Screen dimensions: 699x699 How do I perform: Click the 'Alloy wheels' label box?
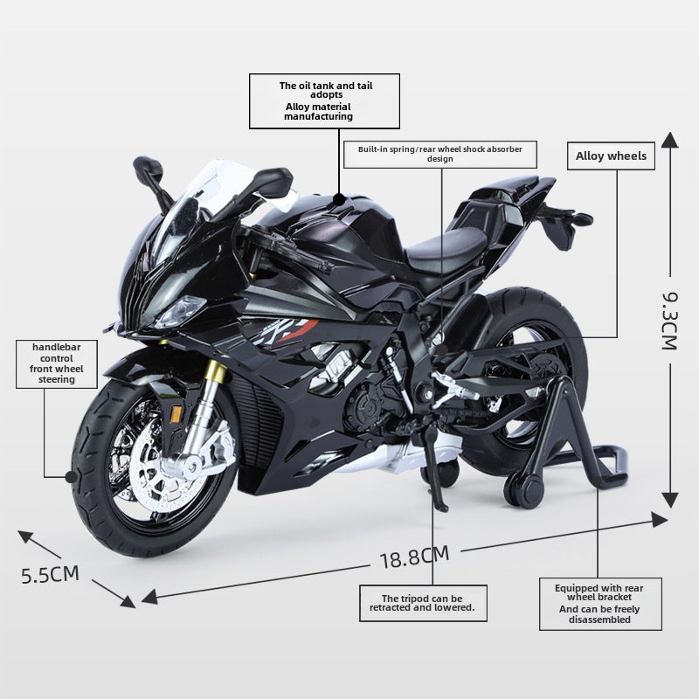click(x=611, y=156)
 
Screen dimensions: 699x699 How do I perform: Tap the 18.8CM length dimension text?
click(x=414, y=557)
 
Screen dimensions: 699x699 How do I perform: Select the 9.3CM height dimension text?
click(x=669, y=321)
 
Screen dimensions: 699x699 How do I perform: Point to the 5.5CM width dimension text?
click(x=50, y=574)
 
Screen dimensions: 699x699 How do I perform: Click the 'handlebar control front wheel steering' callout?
click(x=57, y=363)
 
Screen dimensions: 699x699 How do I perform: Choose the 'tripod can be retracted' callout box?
click(x=423, y=603)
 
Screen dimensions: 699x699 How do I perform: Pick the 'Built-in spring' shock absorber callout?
click(x=440, y=155)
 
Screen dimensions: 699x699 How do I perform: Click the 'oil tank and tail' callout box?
click(x=324, y=101)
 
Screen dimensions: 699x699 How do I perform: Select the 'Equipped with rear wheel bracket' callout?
click(x=600, y=604)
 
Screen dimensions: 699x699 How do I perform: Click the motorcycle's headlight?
click(x=182, y=310)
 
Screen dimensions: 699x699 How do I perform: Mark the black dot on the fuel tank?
click(x=339, y=199)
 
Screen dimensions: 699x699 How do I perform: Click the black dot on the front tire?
click(x=71, y=477)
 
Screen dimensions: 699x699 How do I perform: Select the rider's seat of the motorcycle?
click(x=446, y=246)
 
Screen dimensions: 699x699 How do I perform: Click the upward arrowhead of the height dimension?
click(x=669, y=140)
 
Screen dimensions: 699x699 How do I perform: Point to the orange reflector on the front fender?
click(x=176, y=414)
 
